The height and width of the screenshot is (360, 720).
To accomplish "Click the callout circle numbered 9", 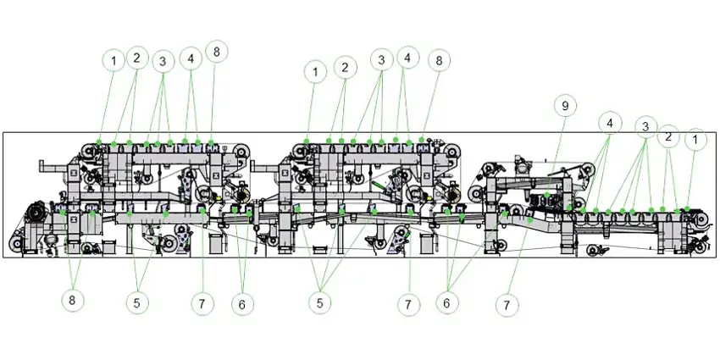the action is (565, 106).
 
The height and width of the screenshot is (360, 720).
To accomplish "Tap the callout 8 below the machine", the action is (72, 301).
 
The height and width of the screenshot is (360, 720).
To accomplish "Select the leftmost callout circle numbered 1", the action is (114, 60).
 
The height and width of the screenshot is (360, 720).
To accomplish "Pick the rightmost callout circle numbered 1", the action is (695, 140).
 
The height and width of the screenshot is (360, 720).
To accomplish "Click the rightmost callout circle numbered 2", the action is (668, 136).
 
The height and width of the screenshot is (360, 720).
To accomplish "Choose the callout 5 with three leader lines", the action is (320, 303).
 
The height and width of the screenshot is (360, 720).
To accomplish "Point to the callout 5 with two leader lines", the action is (137, 302).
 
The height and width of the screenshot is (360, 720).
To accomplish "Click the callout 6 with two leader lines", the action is (242, 304).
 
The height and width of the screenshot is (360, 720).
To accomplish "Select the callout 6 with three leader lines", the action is (446, 303).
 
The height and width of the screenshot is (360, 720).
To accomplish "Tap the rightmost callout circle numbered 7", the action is (507, 305).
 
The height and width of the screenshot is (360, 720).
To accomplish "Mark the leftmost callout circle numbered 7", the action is (202, 303).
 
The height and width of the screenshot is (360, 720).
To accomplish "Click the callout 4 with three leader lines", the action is (610, 123).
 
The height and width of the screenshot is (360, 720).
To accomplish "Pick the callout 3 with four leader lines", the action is (645, 127).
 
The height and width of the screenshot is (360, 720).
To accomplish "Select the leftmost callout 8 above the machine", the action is (217, 52).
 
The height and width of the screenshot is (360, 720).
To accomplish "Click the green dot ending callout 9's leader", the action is (547, 196).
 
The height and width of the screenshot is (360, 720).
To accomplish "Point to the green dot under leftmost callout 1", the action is (99, 142).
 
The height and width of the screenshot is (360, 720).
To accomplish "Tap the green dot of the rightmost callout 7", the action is (530, 220).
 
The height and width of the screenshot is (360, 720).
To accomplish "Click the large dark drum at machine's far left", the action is (36, 214).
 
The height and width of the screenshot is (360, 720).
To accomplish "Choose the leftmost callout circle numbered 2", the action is (137, 58).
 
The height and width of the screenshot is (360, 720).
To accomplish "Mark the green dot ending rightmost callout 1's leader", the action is (687, 209).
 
